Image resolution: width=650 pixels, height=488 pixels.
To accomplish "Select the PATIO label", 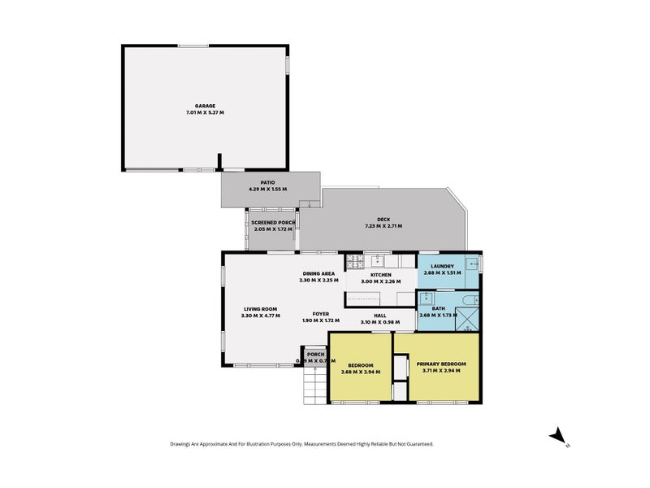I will pos(267,183).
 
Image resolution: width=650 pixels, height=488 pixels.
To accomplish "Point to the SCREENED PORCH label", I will pos(273,222).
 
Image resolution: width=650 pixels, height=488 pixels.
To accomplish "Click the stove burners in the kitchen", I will pos(353,261).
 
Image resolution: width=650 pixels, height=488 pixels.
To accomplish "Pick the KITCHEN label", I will pos(381,275).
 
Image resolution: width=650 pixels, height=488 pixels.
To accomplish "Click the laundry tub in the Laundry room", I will pos(470,262).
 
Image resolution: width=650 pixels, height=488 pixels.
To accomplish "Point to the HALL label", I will pos(379,316).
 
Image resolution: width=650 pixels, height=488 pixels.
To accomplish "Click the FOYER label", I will pos(321,313).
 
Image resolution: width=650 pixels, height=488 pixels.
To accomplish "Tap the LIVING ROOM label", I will pos(261,308).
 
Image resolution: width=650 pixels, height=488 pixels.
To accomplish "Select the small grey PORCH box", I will pos(315,356).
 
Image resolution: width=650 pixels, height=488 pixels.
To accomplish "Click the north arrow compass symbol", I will pos(558,438).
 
